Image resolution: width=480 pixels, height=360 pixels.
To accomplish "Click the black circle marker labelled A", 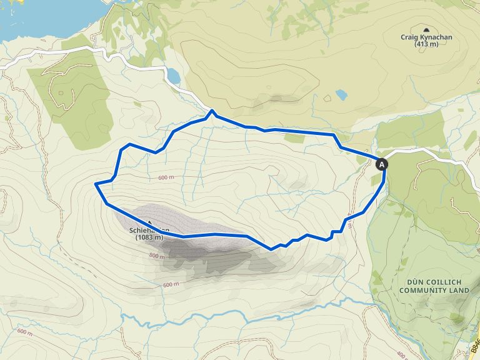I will pos(382,164).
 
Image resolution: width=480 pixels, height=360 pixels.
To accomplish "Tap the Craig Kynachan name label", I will pos(426,37).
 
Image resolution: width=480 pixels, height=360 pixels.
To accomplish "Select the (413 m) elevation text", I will pos(426,44).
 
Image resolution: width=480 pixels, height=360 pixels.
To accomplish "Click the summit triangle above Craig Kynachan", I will pos(426,29).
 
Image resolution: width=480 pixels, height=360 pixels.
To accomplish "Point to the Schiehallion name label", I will pos(149,231).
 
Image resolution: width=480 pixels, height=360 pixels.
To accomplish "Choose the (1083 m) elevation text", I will pos(149,237).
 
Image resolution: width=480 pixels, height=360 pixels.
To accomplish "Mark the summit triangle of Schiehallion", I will pos(150,222).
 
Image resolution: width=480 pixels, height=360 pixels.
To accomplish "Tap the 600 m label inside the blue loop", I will pos(166,177).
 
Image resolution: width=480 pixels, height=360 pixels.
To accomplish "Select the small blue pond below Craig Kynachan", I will pos(341,95).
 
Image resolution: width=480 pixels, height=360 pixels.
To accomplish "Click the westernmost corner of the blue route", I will pos(95,184).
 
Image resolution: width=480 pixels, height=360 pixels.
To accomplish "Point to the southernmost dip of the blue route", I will pos(271,249).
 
